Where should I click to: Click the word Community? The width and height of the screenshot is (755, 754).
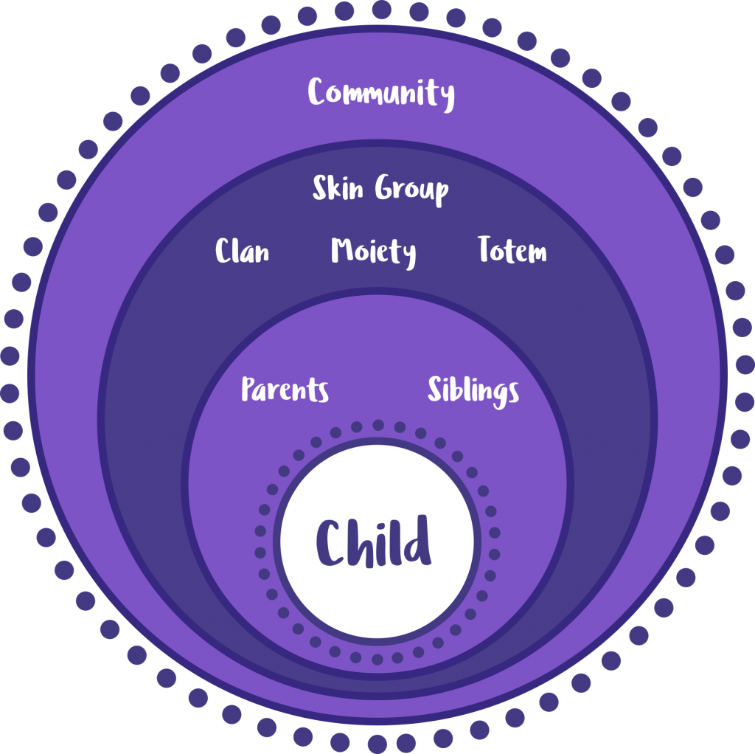(x=381, y=94)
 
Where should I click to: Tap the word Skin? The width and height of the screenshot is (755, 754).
(x=338, y=187)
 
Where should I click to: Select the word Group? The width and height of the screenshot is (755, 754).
(x=411, y=190)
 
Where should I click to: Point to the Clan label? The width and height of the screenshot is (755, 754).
(x=242, y=250)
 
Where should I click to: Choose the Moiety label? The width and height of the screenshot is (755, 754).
(x=373, y=252)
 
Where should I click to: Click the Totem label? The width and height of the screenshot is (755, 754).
(x=512, y=249)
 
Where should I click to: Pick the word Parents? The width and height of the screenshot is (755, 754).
(x=285, y=390)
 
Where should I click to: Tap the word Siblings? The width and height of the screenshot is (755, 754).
(x=473, y=391)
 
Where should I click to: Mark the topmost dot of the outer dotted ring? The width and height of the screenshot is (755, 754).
(x=382, y=10)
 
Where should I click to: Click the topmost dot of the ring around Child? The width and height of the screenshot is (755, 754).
(x=378, y=425)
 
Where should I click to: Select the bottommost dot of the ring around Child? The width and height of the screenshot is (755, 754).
(x=377, y=660)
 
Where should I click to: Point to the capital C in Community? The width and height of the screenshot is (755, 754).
(x=319, y=91)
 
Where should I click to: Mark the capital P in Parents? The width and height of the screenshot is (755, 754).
(x=249, y=389)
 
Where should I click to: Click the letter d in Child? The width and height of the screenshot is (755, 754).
(x=417, y=540)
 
